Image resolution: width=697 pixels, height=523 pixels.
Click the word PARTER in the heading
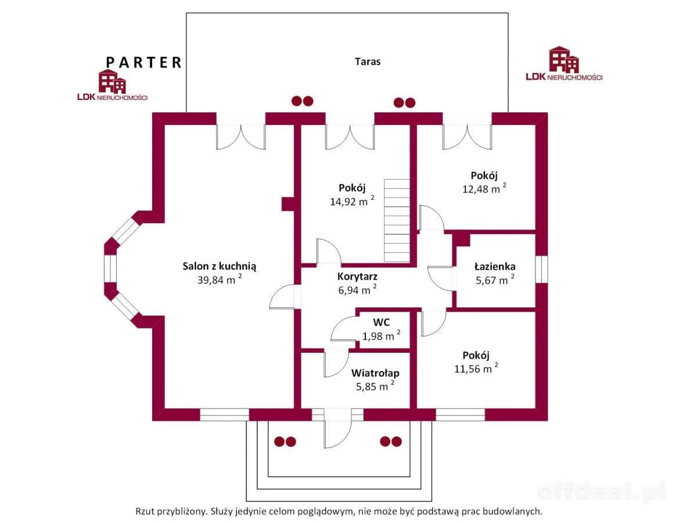coord(143,62)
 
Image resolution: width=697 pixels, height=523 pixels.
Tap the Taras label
coord(368,61)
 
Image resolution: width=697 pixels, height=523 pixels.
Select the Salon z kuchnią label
coord(220,266)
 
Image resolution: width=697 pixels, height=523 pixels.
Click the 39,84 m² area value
coord(220,280)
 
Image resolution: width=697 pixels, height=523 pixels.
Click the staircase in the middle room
coord(397,221)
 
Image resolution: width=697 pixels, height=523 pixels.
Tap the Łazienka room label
coord(494,267)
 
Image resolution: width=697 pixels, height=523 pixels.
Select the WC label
coord(381,323)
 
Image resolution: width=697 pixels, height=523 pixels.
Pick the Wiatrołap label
coord(375,373)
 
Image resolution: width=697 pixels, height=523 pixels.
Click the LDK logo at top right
coord(563,65)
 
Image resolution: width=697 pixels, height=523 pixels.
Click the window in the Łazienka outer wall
coord(541,268)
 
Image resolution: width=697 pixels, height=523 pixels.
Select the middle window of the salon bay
coord(110,268)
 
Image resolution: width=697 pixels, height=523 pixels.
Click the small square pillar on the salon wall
coord(288,204)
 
